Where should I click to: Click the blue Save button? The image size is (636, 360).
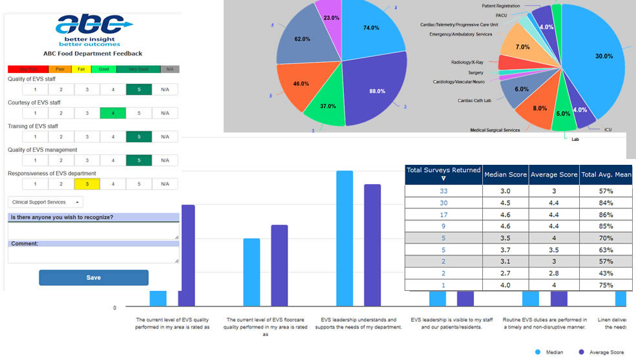pos(94,278)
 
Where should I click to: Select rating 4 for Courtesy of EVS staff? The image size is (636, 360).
pos(113,113)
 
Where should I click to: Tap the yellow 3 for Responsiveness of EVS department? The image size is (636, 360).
pos(87,184)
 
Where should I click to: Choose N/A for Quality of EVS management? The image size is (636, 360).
pos(165,160)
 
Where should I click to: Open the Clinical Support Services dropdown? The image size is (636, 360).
pos(45,202)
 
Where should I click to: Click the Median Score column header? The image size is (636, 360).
pos(505,175)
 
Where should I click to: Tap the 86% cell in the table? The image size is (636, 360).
pos(606,215)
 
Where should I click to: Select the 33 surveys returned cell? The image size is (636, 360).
pos(443,191)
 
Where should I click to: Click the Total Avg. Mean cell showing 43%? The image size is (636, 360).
pos(606,273)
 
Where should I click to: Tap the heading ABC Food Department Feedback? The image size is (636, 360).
pos(93,54)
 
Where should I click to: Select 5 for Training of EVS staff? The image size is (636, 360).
pos(139,136)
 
